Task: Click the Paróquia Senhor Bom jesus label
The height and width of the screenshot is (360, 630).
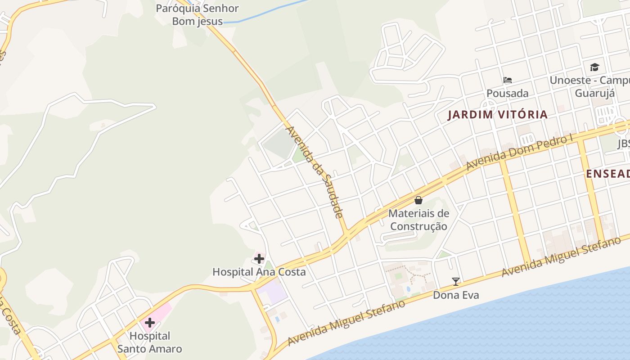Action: coord(197,14)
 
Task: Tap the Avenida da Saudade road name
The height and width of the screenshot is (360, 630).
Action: coord(315,172)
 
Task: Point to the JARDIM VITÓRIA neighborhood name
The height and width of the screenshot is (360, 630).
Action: coord(497,115)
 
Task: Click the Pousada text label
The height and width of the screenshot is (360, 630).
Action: coord(507,94)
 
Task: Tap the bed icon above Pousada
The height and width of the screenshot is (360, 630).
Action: coord(508,80)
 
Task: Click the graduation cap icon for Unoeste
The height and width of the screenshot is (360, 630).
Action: coord(594,67)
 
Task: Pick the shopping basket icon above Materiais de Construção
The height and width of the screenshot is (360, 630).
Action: coord(418,200)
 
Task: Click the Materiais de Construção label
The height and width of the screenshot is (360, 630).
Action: coord(418,220)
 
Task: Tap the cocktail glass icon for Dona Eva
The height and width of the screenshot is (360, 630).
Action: coord(456,282)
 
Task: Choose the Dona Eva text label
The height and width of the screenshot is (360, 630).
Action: coord(456,295)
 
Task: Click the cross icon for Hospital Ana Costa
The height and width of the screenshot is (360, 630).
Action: coord(259,259)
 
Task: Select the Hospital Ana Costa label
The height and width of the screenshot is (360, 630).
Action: coord(259,272)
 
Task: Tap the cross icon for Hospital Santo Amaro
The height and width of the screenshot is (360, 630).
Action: coord(150,323)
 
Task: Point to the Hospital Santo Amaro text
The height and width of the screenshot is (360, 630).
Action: coord(149,342)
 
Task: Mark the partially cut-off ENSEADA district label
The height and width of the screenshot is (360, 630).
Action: coord(607,174)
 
